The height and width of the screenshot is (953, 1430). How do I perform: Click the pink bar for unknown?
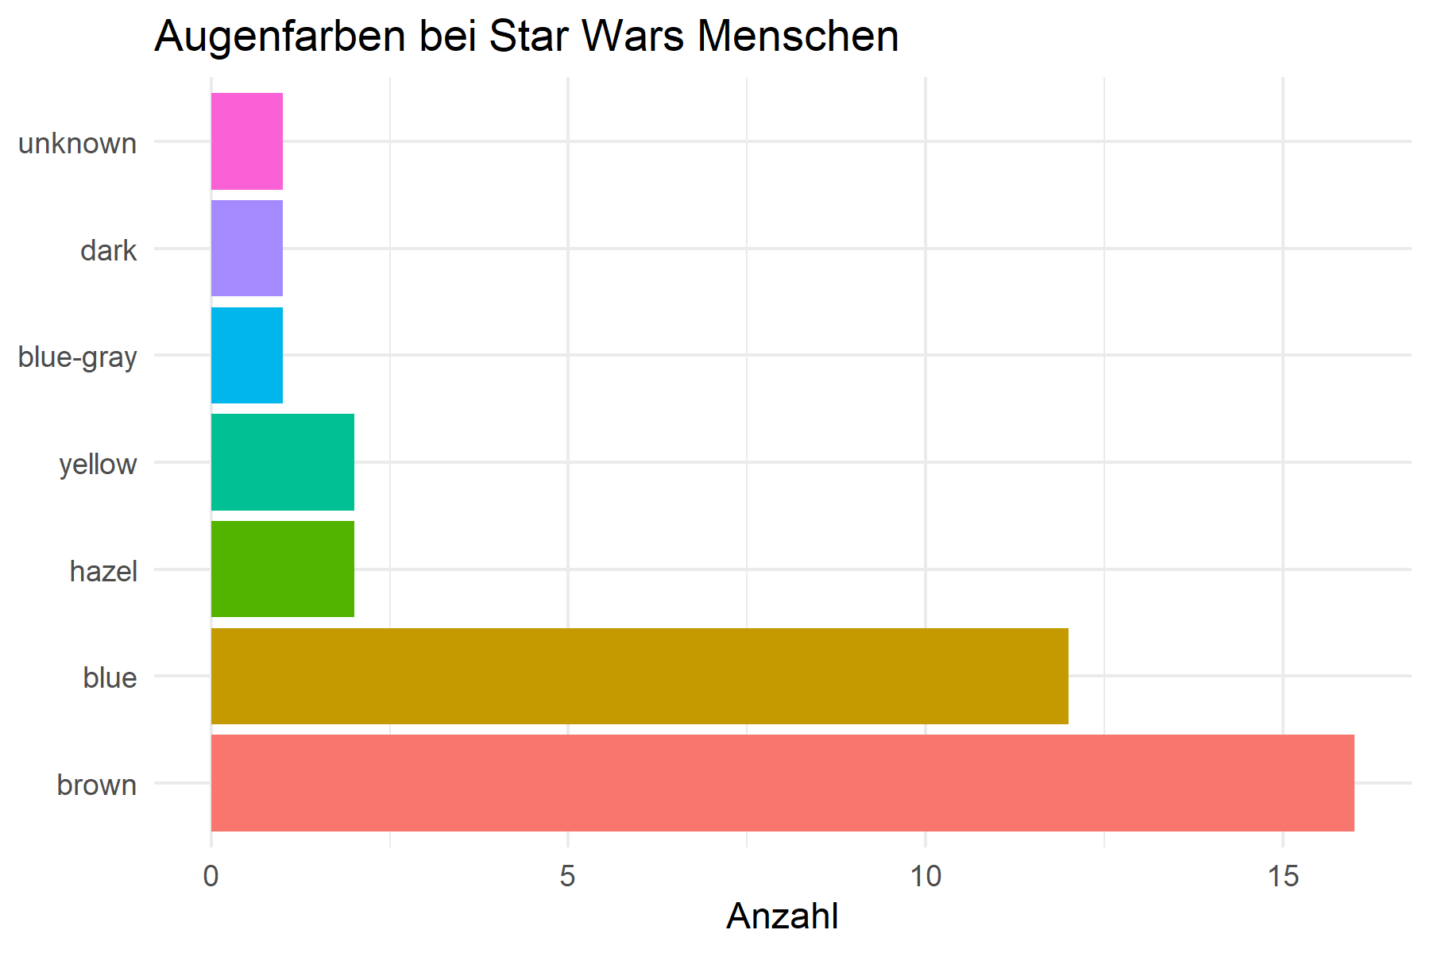point(247,141)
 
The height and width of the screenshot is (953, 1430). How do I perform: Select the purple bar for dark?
point(247,249)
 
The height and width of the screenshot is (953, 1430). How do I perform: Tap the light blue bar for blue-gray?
point(247,355)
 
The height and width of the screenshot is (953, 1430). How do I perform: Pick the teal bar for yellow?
point(282,462)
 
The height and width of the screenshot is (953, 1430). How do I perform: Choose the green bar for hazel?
point(282,569)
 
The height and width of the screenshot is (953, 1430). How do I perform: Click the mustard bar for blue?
point(640,676)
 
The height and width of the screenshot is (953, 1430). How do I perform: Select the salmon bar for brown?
point(783,783)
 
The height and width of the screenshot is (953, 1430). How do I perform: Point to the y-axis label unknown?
point(77,144)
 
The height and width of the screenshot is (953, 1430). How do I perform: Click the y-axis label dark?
point(109,251)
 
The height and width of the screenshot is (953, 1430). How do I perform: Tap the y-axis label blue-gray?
point(77,357)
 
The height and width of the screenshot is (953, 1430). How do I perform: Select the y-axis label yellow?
point(98,465)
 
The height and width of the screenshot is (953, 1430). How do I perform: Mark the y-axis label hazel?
point(103,571)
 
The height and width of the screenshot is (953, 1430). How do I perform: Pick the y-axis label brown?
point(97,785)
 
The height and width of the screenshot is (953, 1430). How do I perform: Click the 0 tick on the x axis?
point(211,877)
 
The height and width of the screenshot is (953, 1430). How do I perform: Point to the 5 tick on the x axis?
point(567,877)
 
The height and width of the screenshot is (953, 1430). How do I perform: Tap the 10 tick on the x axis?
point(926,877)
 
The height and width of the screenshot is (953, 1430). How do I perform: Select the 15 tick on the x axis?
point(1282,877)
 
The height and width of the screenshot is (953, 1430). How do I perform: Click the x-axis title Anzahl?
point(782,916)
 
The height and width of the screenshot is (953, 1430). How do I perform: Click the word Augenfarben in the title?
point(280,37)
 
